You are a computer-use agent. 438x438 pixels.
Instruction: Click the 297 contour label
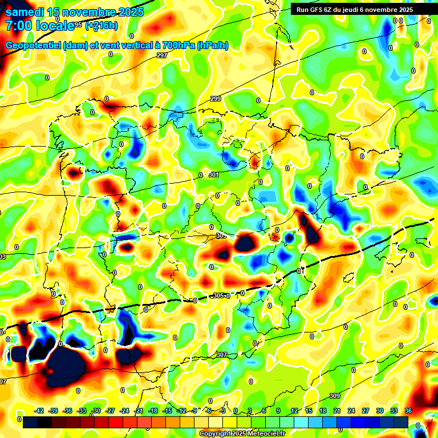point(161,55)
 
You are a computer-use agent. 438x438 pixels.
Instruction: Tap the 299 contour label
point(216,99)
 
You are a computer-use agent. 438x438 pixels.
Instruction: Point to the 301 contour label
point(213,175)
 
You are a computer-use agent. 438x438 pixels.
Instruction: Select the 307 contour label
point(221,355)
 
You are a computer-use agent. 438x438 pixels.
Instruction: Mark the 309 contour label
point(335,396)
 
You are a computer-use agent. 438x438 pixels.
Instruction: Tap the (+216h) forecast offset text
point(102,26)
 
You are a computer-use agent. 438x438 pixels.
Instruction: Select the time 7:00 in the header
point(21,26)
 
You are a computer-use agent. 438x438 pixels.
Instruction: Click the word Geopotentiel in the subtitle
point(35,45)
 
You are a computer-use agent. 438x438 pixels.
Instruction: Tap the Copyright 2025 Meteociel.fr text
point(242,433)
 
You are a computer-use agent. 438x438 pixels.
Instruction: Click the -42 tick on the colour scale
point(40,411)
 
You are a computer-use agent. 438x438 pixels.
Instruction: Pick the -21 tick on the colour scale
point(139,411)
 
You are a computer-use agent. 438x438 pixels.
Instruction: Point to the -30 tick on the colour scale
point(96,411)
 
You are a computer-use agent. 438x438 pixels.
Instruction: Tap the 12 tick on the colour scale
point(294,411)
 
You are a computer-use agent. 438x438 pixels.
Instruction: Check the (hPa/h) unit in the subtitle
point(212,45)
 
